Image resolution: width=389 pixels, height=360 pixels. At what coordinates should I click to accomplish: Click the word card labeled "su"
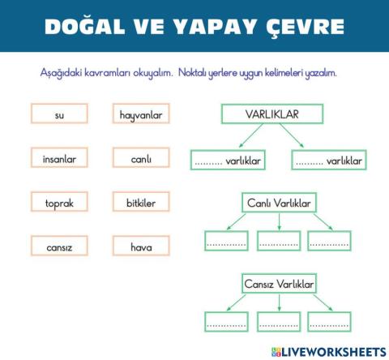tap(59, 115)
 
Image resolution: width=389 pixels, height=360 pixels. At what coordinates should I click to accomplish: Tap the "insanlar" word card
tap(59, 159)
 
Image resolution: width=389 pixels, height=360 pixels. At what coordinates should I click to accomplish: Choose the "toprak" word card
tap(59, 203)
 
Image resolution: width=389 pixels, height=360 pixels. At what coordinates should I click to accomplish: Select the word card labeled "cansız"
tap(59, 246)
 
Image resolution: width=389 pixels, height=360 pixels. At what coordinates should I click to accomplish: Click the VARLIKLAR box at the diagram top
tap(271, 114)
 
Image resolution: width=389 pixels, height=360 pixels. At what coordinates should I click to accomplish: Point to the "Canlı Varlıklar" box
tap(279, 202)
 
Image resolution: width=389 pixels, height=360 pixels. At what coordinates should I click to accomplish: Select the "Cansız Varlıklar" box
tap(279, 284)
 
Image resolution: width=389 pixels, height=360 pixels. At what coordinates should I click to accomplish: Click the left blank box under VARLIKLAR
tap(229, 161)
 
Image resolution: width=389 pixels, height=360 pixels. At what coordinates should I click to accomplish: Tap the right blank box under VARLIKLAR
tap(329, 161)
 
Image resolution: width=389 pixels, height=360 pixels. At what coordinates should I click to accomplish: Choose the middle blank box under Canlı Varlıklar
tap(279, 242)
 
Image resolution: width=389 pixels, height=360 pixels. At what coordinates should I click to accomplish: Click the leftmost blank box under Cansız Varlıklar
tap(226, 322)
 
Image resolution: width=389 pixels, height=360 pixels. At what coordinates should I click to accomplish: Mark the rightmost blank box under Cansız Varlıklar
tap(330, 322)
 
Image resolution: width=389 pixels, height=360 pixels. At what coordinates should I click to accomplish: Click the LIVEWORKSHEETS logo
tap(329, 351)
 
